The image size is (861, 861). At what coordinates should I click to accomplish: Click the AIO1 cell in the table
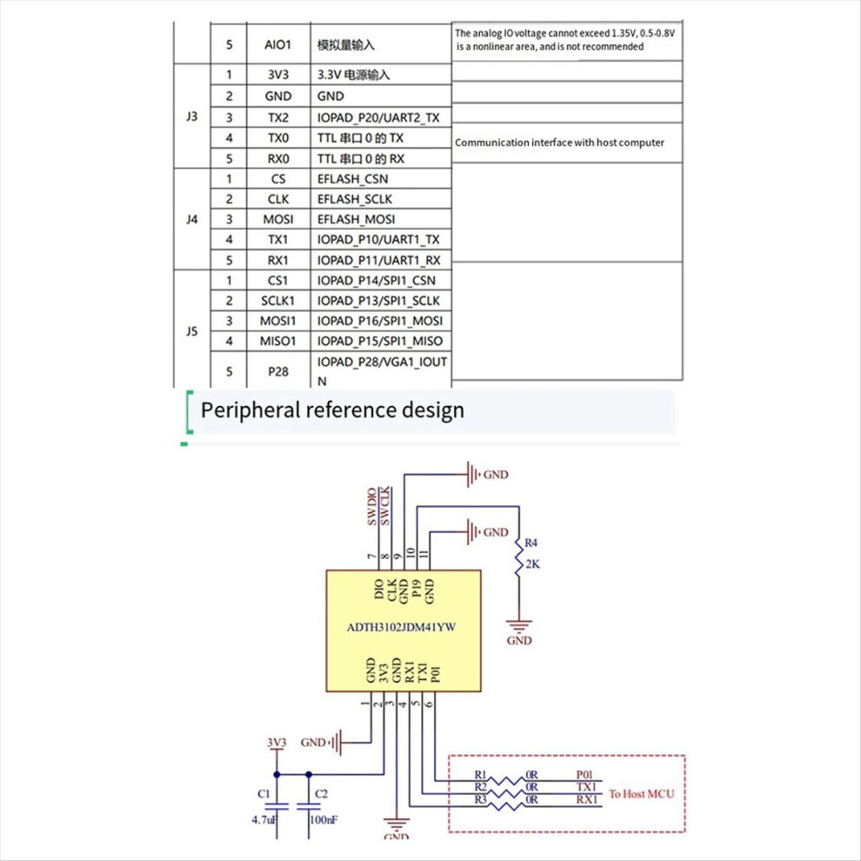tap(277, 44)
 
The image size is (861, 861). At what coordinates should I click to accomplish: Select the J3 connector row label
tap(191, 117)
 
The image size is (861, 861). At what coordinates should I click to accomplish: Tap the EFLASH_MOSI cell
tap(356, 220)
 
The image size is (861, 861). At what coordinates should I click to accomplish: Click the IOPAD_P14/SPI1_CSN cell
tap(376, 281)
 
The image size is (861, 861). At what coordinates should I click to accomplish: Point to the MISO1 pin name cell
tap(277, 342)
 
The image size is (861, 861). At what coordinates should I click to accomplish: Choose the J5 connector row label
tap(191, 331)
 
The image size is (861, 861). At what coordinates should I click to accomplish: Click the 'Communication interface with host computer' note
tap(559, 143)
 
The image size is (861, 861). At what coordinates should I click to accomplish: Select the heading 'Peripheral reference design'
tap(332, 410)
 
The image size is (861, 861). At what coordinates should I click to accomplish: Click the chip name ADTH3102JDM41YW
tap(402, 627)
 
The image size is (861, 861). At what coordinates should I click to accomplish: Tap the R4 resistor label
tap(531, 543)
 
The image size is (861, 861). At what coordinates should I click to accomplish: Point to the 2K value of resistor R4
tap(532, 564)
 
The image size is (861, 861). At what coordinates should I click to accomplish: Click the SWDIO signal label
tap(372, 506)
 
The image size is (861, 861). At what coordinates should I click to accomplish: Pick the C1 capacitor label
tap(264, 794)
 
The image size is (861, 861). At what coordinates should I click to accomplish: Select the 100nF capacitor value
tap(324, 820)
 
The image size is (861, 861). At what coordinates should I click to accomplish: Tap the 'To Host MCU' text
tap(641, 794)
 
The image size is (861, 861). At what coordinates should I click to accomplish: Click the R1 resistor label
tap(480, 775)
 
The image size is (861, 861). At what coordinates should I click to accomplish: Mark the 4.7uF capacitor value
tap(264, 820)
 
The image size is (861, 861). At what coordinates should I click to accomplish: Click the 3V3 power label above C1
tap(277, 743)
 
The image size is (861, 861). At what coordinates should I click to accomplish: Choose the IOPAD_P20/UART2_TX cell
tap(378, 117)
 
